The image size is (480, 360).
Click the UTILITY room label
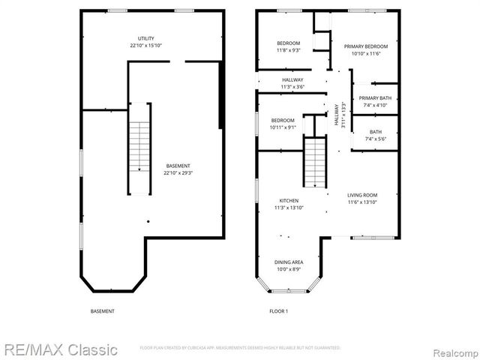[x=146, y=38]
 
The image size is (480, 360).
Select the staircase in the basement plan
[x=139, y=148]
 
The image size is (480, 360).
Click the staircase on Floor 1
[x=315, y=161]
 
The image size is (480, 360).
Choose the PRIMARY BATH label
[x=374, y=98]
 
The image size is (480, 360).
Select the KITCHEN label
[x=289, y=201]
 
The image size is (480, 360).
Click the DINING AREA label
[x=289, y=262]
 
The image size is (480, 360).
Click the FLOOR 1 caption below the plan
[x=279, y=310]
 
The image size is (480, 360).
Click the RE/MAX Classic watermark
[x=60, y=349]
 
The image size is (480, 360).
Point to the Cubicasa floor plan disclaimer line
[x=240, y=348]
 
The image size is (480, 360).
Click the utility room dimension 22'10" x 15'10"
[x=146, y=45]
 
